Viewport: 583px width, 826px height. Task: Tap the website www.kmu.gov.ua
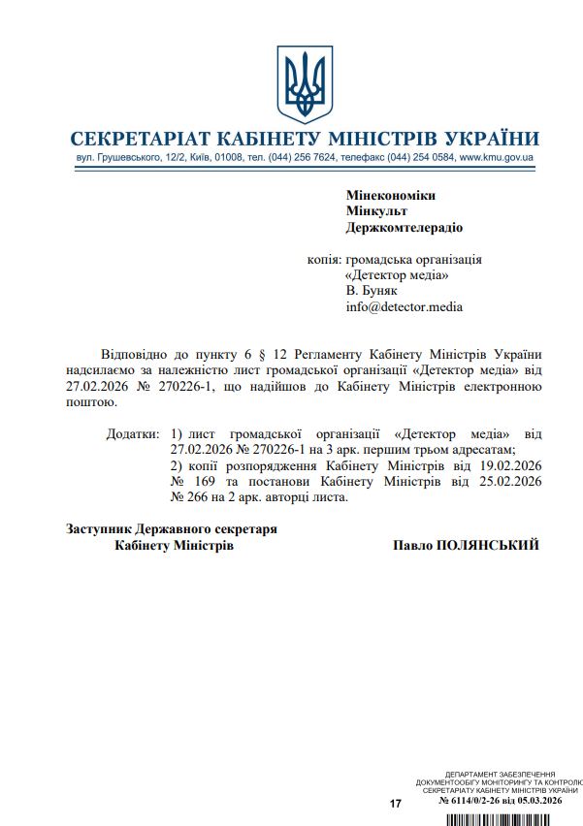498,157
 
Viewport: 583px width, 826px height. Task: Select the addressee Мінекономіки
390,196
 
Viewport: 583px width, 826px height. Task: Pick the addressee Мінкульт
376,211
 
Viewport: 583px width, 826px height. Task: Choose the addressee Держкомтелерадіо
405,228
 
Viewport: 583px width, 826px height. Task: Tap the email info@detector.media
405,306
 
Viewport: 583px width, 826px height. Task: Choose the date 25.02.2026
510,482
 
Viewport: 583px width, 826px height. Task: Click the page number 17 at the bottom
395,804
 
